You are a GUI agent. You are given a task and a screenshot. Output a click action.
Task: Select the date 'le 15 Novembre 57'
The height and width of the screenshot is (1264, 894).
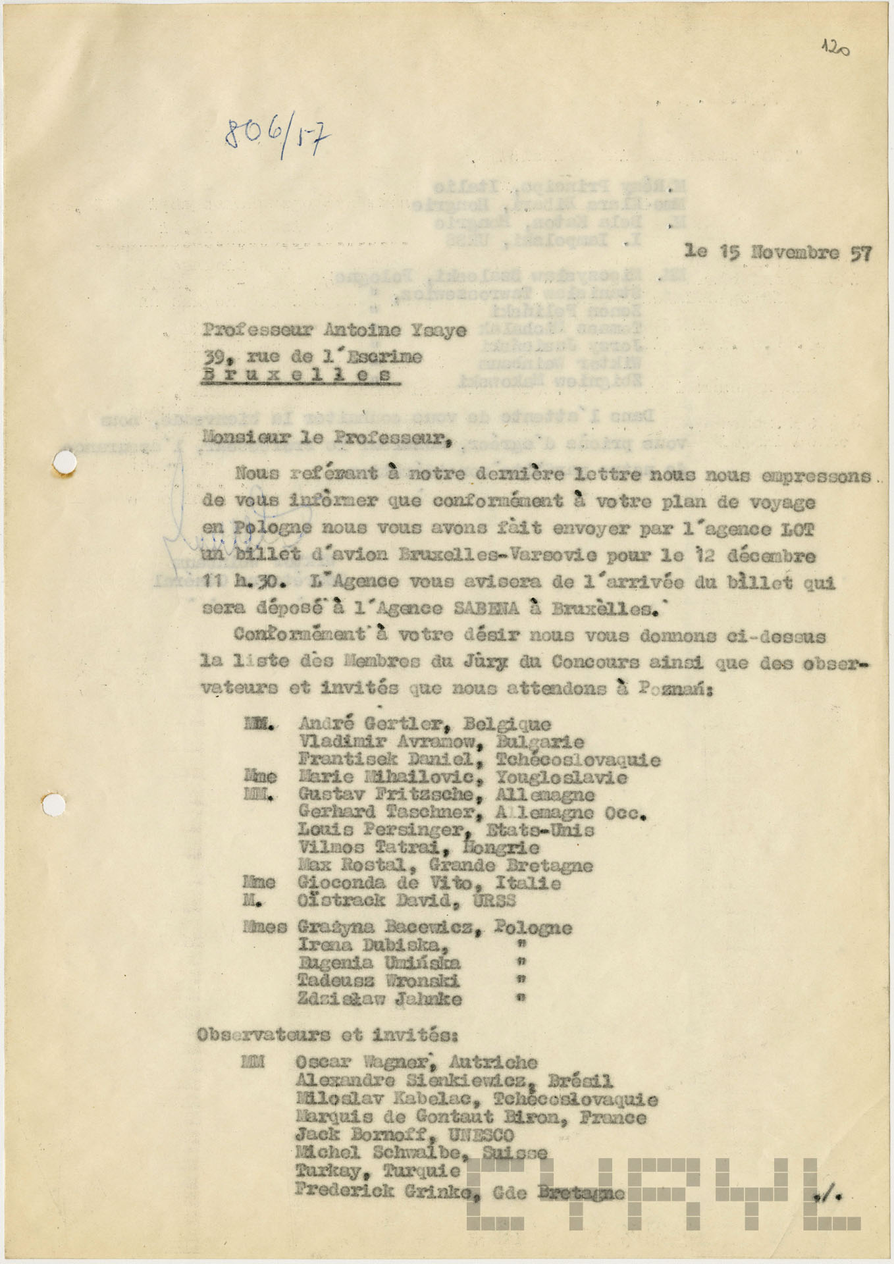(x=778, y=252)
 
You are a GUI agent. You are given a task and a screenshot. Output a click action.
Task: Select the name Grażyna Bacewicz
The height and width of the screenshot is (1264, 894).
(x=385, y=928)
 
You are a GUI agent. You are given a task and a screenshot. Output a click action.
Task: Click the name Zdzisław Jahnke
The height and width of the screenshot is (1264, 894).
(x=380, y=999)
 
